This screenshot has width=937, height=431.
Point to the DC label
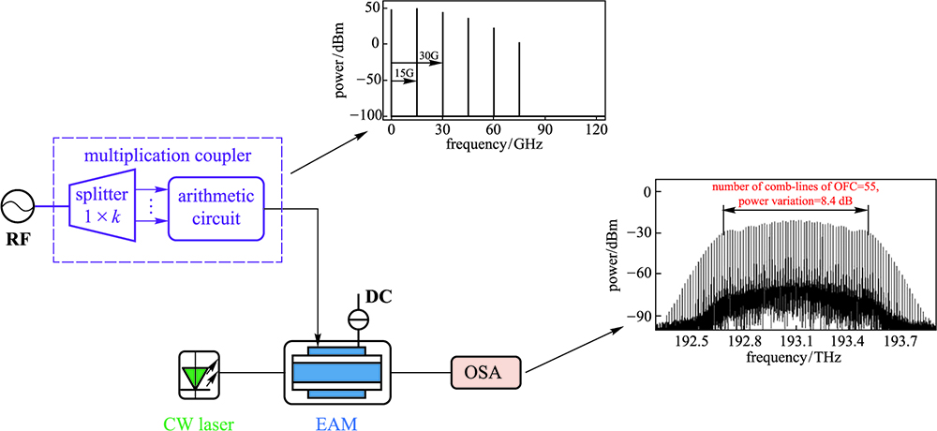coord(379,297)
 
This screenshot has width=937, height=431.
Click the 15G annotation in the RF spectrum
coord(404,73)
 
